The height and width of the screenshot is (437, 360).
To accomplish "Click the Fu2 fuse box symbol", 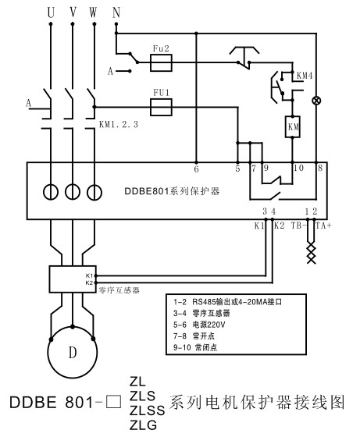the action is coord(161,62).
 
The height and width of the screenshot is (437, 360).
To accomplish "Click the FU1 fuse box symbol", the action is coord(161,107).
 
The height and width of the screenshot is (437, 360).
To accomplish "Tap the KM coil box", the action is coord(292,126).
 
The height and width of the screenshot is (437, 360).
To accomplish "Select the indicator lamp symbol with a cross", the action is coord(316,101).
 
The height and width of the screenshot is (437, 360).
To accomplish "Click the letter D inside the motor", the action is coord(73,353).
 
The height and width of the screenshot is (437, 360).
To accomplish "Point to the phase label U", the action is coord(51,12).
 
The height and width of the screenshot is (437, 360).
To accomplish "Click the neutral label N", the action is coord(116,12).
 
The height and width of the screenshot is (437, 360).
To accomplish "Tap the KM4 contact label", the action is coord(305,76).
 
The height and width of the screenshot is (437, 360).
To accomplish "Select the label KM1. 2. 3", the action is coord(119,124).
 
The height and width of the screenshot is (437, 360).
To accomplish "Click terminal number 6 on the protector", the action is coord(196,169).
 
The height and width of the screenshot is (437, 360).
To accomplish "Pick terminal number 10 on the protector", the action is coord(298,168).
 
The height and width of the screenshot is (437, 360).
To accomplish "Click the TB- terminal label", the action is coord(298,226).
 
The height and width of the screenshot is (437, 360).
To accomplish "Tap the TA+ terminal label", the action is coord(323,226).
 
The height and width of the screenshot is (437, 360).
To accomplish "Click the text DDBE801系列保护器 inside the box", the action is coord(172,191).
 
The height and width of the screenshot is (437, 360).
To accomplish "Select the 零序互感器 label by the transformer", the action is coord(119,290).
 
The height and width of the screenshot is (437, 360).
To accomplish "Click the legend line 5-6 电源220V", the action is coord(199,325).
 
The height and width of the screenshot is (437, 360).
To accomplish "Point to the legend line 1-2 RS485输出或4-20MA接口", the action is coord(227,302).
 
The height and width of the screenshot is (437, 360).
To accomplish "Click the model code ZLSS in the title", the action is coord(148,410).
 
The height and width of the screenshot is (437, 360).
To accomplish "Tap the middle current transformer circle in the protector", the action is coord(73,192).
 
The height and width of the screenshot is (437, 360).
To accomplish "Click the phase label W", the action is coord(93,12).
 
